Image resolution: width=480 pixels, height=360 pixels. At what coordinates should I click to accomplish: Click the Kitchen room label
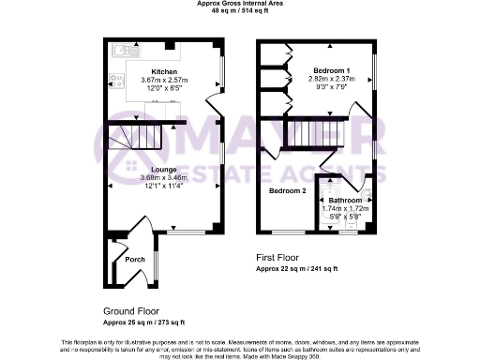pyautogui.click(x=164, y=71)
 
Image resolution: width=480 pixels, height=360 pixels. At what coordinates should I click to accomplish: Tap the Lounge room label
pyautogui.click(x=164, y=170)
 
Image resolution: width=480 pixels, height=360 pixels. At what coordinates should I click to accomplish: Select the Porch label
pyautogui.click(x=122, y=260)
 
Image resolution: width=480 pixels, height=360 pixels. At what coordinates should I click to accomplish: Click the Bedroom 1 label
pyautogui.click(x=331, y=71)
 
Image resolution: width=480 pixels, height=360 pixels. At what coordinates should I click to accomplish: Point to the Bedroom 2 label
pyautogui.click(x=288, y=190)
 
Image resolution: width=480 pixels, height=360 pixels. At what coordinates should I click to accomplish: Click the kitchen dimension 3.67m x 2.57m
pyautogui.click(x=164, y=81)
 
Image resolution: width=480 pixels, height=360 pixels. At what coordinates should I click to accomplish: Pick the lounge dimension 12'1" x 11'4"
pyautogui.click(x=164, y=187)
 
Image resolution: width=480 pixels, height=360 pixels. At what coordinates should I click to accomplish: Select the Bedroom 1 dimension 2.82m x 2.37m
pyautogui.click(x=331, y=81)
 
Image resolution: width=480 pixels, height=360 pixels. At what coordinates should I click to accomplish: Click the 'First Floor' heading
pyautogui.click(x=281, y=256)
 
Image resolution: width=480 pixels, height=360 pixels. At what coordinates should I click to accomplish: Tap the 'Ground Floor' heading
pyautogui.click(x=131, y=310)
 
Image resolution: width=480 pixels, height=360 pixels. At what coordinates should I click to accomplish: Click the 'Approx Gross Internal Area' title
pyautogui.click(x=239, y=4)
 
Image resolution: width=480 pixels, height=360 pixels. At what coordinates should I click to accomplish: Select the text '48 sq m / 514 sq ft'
pyautogui.click(x=239, y=11)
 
